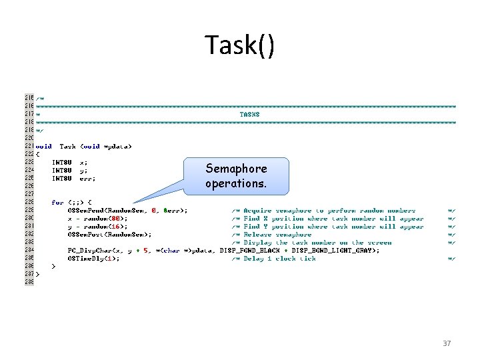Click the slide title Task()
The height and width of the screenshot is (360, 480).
239,45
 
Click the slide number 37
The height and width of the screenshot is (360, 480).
447,343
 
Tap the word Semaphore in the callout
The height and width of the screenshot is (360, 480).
236,169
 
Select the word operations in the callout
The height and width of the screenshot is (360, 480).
236,183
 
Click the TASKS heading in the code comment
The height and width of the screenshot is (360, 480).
250,114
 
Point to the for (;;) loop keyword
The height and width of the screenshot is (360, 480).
58,203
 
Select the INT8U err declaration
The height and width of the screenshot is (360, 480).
74,178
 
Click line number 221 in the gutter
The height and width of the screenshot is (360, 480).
29,146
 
